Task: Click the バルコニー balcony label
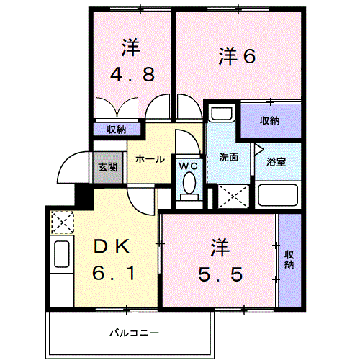134,333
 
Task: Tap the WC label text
188,166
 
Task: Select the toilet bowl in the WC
189,186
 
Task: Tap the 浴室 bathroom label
276,162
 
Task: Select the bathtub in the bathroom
278,195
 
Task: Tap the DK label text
112,248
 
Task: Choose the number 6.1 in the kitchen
112,274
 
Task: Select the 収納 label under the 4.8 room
117,130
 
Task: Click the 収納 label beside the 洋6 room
270,120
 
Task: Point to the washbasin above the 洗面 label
221,114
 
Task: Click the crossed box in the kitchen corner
63,220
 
